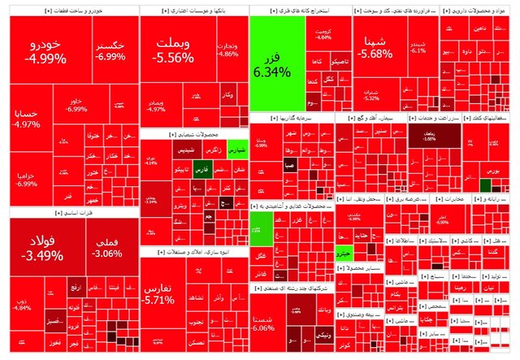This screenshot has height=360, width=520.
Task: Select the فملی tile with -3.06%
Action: coord(108,248)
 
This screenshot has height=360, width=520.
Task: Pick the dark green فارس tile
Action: coord(202,170)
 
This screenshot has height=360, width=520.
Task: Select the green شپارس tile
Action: coord(236,151)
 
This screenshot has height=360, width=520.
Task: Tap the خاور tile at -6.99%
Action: coord(76,105)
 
